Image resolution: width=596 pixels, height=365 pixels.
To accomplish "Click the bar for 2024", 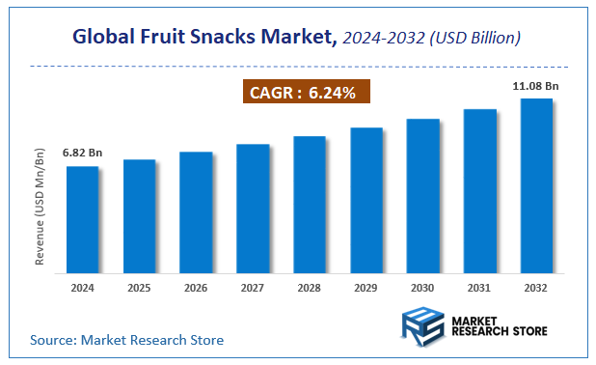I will click(x=82, y=219).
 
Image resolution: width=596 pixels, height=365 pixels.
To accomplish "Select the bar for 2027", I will click(x=253, y=208).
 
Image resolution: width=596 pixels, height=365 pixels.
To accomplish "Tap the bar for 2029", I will click(x=366, y=200).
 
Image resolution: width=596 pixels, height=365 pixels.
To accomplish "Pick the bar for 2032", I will click(x=536, y=185).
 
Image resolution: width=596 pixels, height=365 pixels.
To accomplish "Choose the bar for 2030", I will click(x=422, y=195).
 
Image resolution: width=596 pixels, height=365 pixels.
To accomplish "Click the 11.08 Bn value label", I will click(x=536, y=86).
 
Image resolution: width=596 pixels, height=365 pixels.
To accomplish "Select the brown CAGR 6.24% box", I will click(x=304, y=93).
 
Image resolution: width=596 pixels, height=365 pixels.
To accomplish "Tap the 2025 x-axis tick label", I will click(x=139, y=287).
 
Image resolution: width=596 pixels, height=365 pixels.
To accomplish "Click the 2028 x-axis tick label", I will click(x=310, y=287).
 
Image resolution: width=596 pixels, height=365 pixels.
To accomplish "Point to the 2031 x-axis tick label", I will click(x=479, y=287).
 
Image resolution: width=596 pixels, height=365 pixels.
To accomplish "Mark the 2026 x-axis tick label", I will click(x=196, y=287).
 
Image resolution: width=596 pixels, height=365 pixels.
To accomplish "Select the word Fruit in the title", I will click(x=175, y=38).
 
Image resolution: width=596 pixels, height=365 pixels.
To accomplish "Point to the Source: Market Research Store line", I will click(x=126, y=340).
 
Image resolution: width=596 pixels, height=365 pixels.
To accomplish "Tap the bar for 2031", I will click(x=479, y=190).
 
